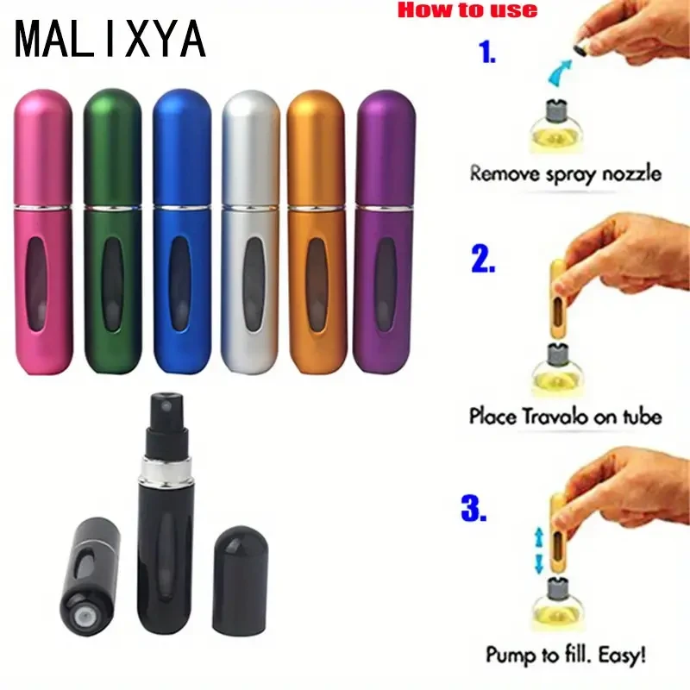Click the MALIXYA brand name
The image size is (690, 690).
[x=110, y=39]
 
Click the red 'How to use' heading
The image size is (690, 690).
[x=467, y=10]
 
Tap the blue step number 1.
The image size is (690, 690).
[x=487, y=53]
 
